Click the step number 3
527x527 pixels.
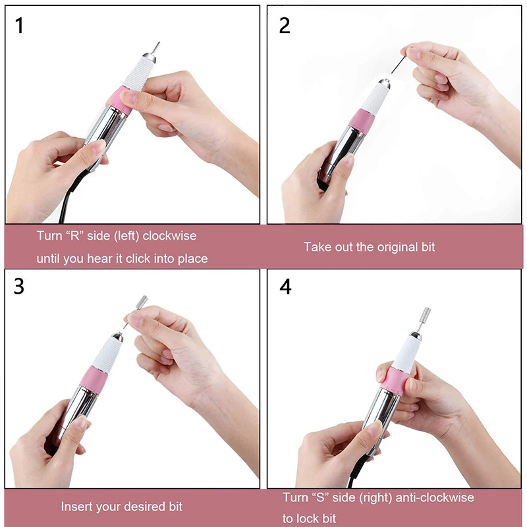(19, 287)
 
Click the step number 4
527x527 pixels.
(285, 287)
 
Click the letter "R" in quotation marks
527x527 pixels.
(72, 235)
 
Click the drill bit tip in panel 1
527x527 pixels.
(155, 47)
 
